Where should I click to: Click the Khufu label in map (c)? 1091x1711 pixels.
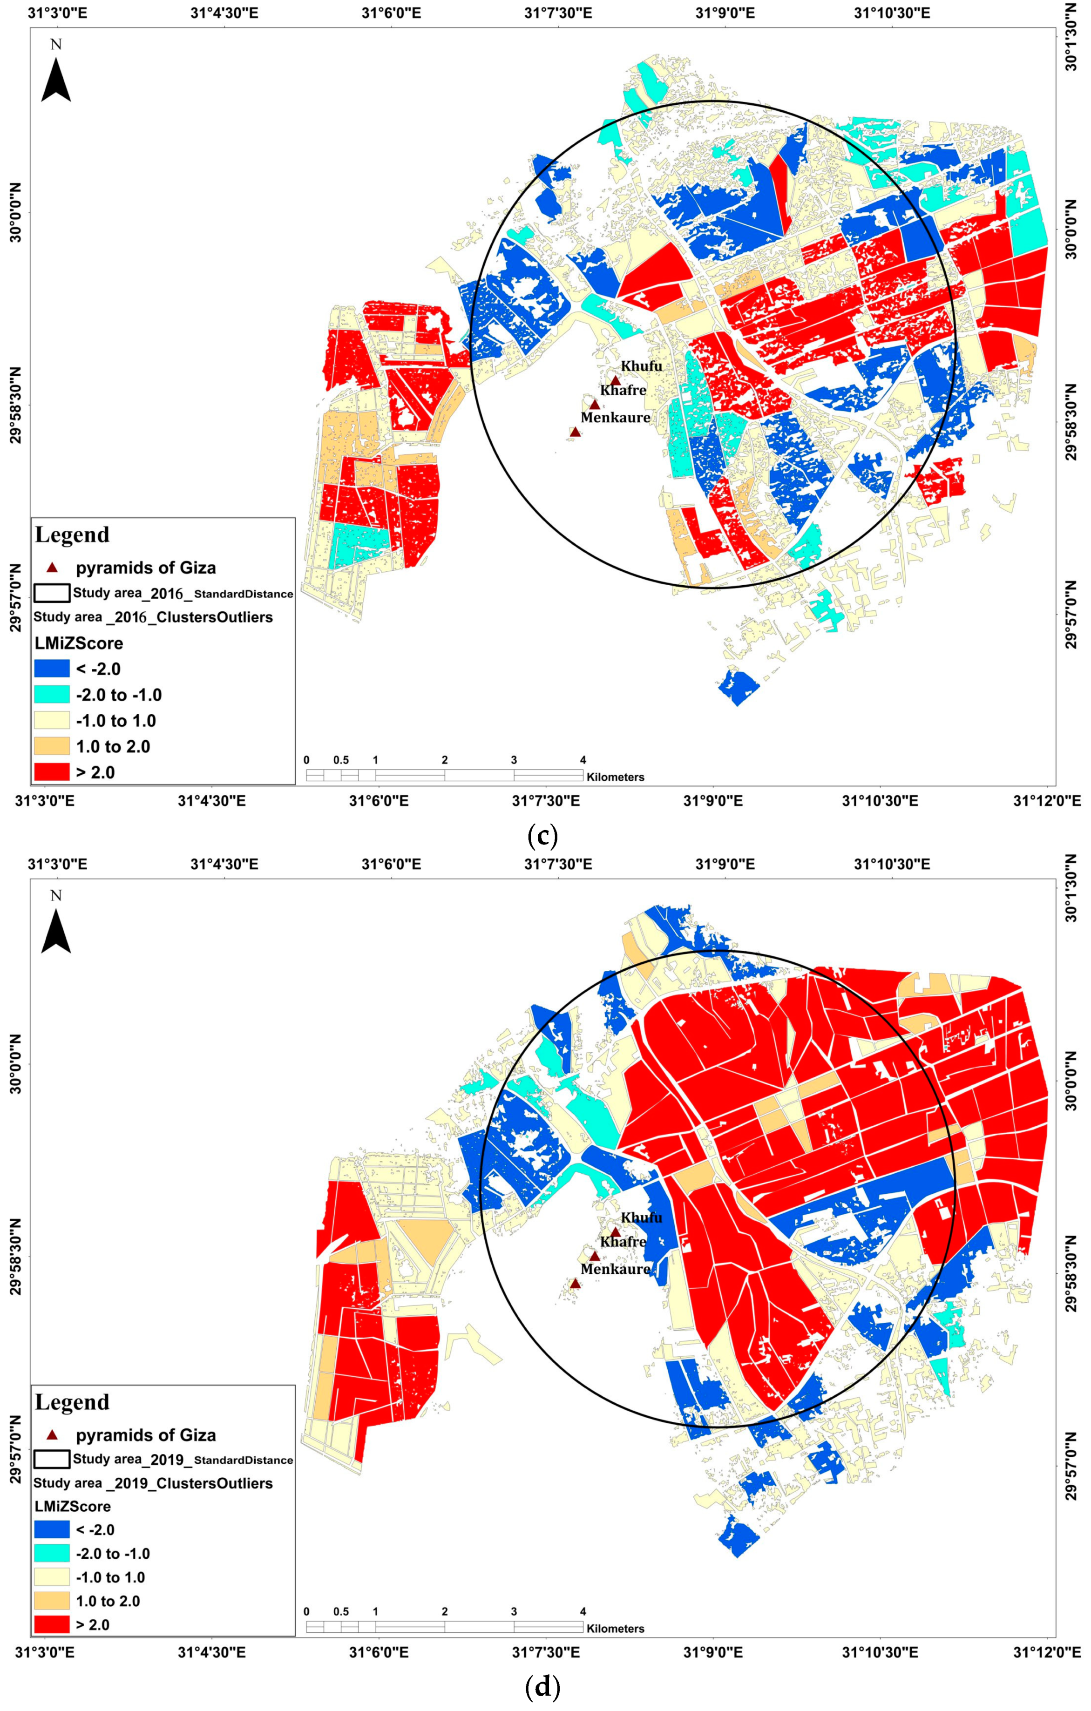(641, 366)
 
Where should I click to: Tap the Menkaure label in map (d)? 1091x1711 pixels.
(616, 1269)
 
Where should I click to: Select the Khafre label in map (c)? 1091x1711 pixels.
(623, 390)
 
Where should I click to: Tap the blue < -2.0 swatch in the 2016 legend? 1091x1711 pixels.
(52, 669)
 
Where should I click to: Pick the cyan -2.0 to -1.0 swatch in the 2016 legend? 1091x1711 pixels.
(52, 694)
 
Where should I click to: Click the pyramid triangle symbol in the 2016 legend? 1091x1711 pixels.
(52, 567)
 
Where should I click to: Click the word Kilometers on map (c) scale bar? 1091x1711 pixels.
(616, 778)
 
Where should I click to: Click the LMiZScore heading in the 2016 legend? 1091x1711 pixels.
(78, 643)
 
